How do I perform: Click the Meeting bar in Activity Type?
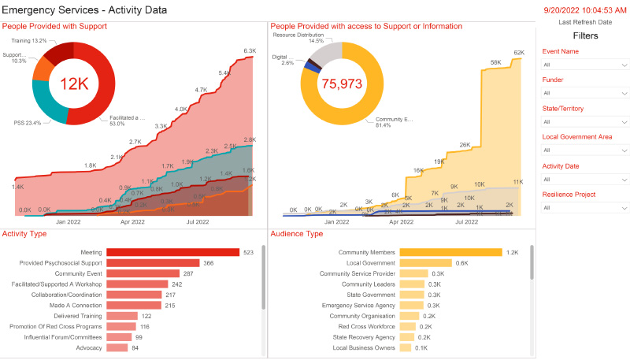[x=172, y=252]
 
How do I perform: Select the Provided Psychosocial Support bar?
[x=153, y=263]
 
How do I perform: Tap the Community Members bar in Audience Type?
[x=450, y=252]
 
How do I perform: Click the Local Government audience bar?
[x=425, y=263]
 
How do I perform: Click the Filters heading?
[x=584, y=35]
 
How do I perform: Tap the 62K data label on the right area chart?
[x=519, y=53]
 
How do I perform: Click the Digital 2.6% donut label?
[x=283, y=60]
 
